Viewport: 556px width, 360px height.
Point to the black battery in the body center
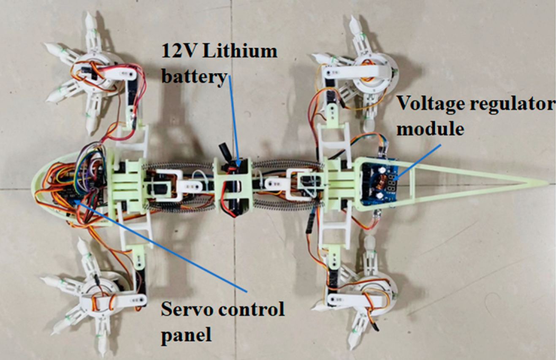coord(233,186)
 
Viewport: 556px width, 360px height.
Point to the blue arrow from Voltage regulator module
coord(418,160)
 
